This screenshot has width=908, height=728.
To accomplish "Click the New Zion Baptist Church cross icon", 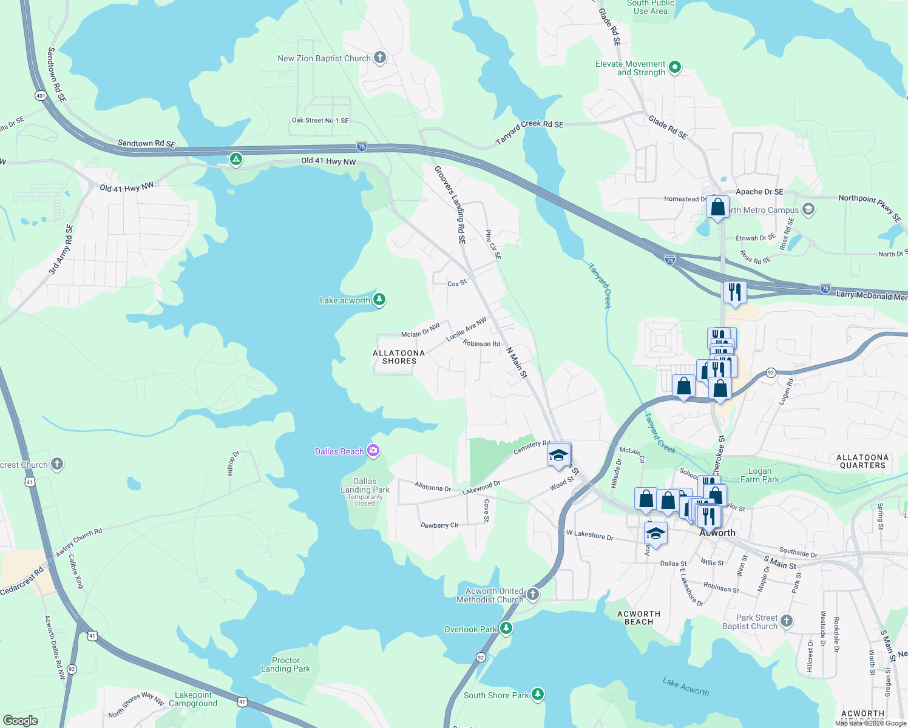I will point(380,58).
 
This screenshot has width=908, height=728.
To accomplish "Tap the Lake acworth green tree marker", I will point(379,299).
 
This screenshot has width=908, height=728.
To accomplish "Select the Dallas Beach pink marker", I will point(373,450).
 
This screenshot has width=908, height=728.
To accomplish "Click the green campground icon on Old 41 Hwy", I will point(236,160).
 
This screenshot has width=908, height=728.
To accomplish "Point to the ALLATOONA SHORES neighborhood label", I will point(399,357).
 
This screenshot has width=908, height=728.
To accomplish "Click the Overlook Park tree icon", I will point(506,629).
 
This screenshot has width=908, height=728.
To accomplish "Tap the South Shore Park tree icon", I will point(538,694).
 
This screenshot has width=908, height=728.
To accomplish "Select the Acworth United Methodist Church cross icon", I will point(533,594).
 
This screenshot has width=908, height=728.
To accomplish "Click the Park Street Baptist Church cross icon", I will point(787,621).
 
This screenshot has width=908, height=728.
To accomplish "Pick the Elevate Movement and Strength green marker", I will point(675,67).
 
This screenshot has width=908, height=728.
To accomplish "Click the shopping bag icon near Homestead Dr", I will point(717,207).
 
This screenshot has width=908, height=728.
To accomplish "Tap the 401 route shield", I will point(41,96).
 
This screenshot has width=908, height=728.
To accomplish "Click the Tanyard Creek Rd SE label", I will point(529,131).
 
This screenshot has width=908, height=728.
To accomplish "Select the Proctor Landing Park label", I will point(285,664).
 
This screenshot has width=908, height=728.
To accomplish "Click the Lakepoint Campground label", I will point(193,699).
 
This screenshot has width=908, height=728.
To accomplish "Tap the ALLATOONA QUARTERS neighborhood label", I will point(862,461).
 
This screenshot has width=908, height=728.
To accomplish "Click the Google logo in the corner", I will point(21,720).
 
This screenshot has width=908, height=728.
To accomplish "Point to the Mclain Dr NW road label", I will point(420,331).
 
